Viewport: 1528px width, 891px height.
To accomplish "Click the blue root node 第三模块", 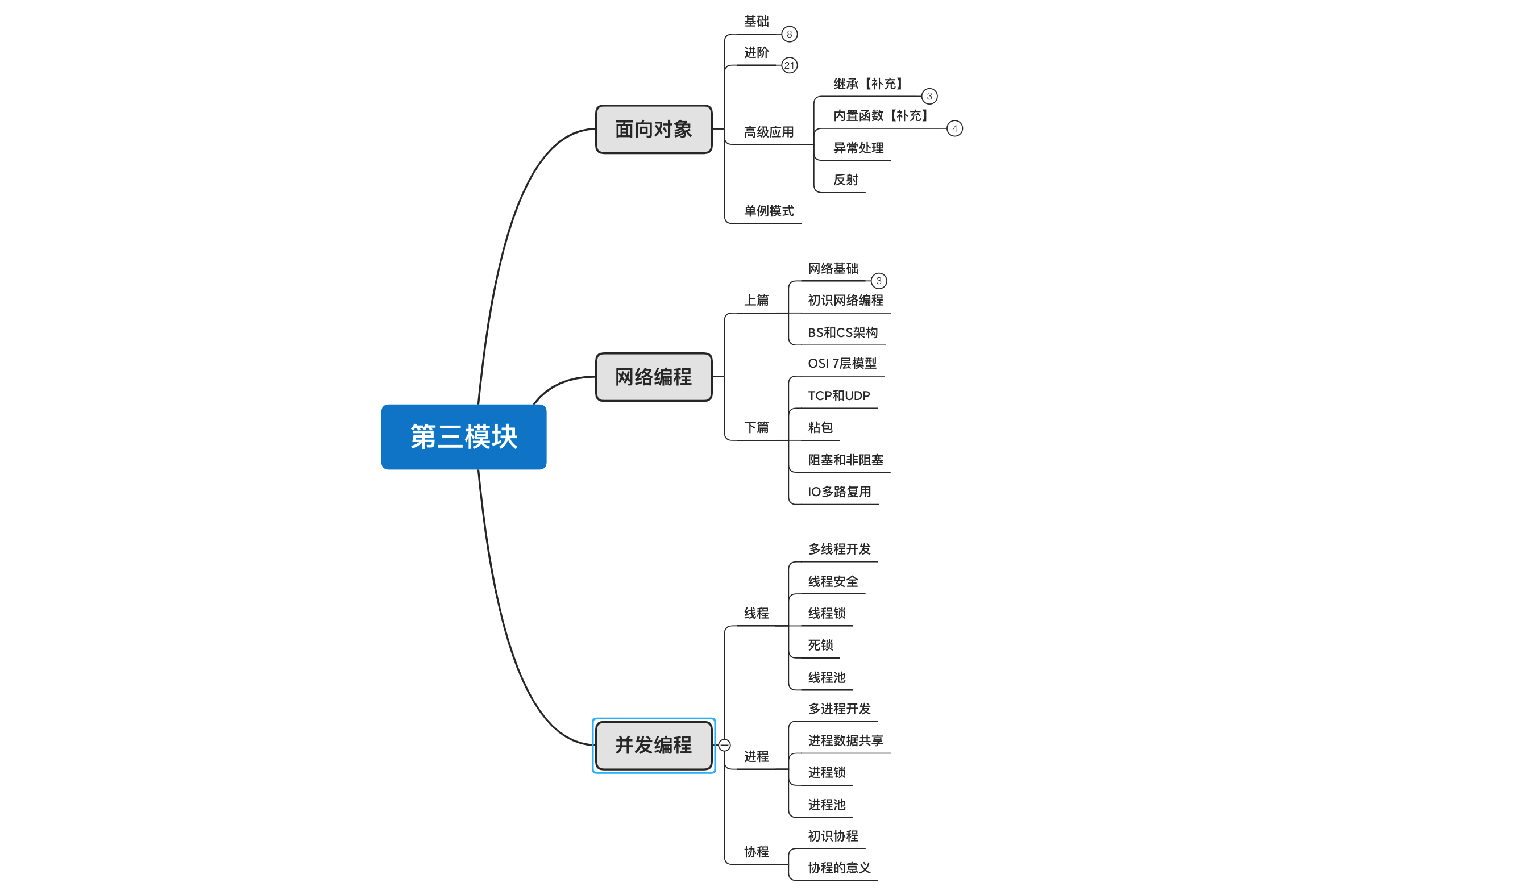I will click(464, 436).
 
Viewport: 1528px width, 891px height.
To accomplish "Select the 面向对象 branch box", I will click(654, 129).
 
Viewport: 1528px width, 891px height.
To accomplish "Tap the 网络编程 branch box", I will click(654, 377).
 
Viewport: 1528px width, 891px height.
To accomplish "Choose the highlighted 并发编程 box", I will click(654, 745).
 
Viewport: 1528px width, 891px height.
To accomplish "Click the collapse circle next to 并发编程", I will click(725, 745).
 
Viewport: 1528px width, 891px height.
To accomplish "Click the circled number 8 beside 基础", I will click(790, 34).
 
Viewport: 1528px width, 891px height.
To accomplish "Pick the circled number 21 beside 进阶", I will click(790, 65).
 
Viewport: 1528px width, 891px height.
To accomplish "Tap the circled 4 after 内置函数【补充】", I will click(955, 128).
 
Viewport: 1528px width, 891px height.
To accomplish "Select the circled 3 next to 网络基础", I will click(879, 281).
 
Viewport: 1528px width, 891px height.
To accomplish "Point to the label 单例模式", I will click(769, 211).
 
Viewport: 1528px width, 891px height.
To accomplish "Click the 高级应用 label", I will click(769, 132).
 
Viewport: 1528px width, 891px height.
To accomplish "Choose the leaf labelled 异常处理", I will click(858, 148).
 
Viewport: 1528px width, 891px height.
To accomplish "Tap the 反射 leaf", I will click(846, 180).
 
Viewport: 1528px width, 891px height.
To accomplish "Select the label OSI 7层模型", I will click(842, 364).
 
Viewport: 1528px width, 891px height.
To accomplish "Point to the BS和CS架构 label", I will click(843, 333).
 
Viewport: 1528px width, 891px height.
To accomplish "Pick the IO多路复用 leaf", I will click(840, 492).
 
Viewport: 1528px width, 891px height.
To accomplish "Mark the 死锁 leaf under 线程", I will click(820, 645).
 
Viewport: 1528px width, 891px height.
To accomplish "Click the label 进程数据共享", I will click(846, 740).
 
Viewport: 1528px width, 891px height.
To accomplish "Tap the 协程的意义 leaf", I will click(840, 868).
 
